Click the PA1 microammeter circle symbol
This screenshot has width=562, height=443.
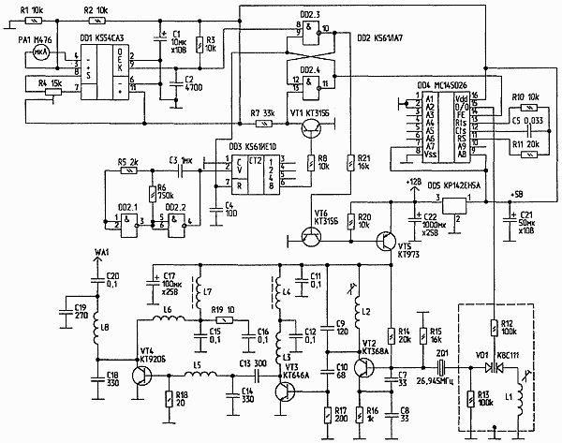(x=39, y=53)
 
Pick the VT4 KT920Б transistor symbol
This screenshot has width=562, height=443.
(x=140, y=376)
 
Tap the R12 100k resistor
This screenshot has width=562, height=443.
(x=494, y=329)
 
